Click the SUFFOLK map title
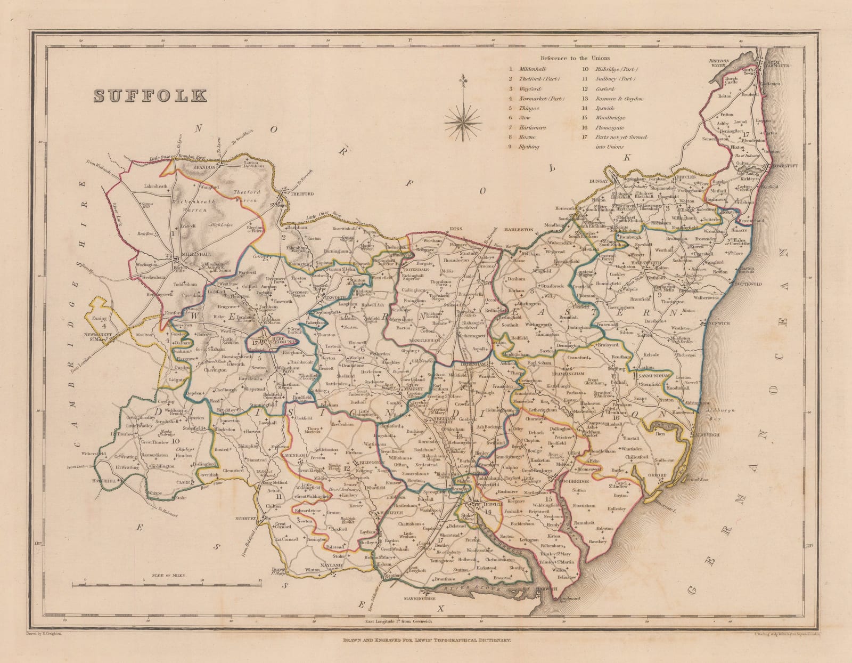(x=151, y=95)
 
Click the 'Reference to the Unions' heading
(x=575, y=58)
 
